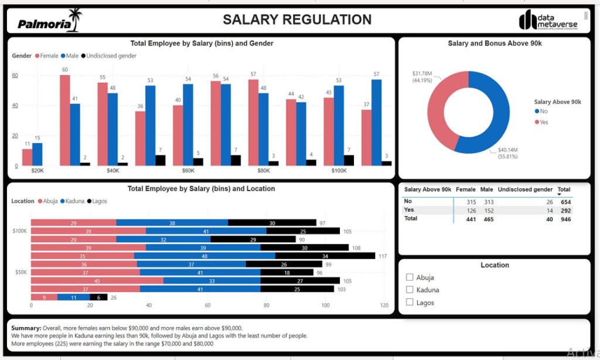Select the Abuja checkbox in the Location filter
410,277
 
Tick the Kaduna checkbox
410,290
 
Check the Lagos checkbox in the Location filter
410,303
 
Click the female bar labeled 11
27,157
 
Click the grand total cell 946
564,219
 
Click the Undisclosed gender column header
525,189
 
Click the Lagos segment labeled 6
98,297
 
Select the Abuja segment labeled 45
97,281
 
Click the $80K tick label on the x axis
264,171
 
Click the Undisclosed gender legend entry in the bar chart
111,56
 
